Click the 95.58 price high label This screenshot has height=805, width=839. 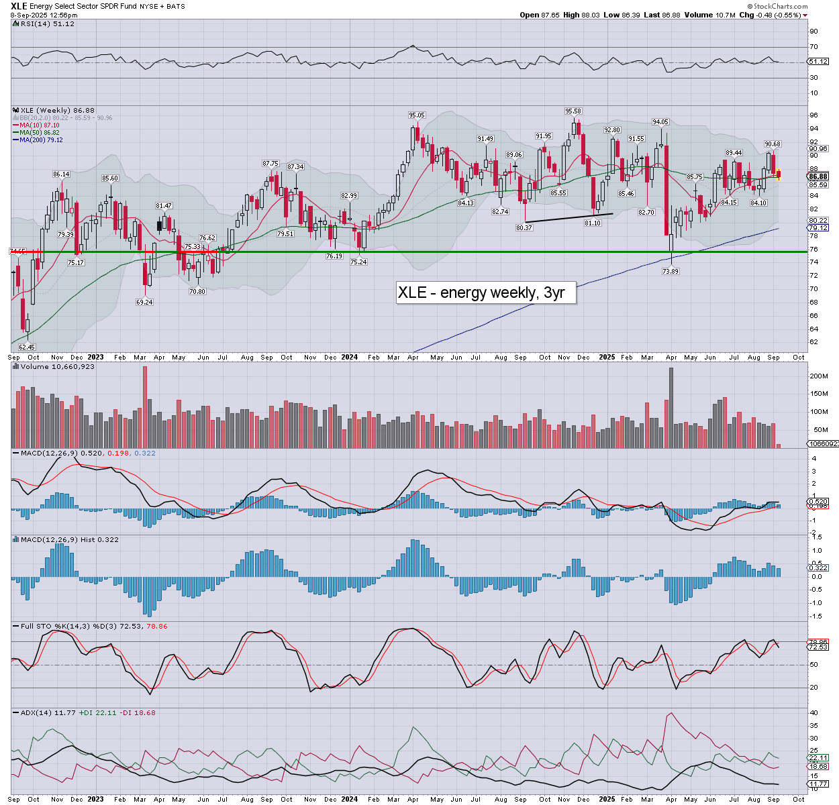tap(573, 111)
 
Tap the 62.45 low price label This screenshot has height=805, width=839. tap(27, 347)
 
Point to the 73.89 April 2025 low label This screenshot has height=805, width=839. tap(670, 271)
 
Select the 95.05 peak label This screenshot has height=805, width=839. tap(417, 115)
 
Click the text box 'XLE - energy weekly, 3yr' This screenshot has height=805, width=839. tap(486, 292)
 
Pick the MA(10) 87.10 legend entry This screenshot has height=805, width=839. tap(39, 125)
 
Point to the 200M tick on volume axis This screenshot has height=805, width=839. tap(818, 376)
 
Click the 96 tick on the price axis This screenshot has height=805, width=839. tap(813, 115)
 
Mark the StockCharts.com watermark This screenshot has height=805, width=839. tap(779, 6)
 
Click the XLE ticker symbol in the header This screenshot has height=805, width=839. tap(19, 6)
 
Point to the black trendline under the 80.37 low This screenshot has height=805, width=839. tap(569, 217)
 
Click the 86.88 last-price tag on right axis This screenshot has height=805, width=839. tap(818, 177)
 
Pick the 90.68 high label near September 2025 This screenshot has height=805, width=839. tap(773, 144)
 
